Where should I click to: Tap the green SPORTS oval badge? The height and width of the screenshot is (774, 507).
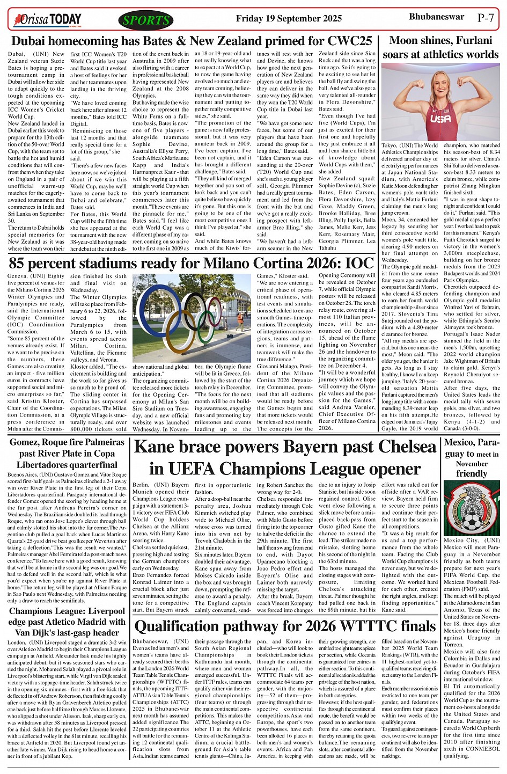pyautogui.click(x=146, y=20)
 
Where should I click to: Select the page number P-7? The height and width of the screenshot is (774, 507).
pyautogui.click(x=486, y=17)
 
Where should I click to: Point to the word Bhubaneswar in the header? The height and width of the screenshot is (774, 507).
pyautogui.click(x=436, y=17)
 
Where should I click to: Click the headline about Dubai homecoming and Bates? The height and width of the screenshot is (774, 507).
pyautogui.click(x=192, y=41)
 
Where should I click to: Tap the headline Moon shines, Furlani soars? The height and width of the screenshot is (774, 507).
pyautogui.click(x=440, y=47)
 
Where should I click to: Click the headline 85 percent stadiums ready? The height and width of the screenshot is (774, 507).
pyautogui.click(x=192, y=263)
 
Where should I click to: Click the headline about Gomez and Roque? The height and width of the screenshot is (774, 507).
pyautogui.click(x=67, y=453)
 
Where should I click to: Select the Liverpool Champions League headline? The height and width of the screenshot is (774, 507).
pyautogui.click(x=67, y=622)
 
